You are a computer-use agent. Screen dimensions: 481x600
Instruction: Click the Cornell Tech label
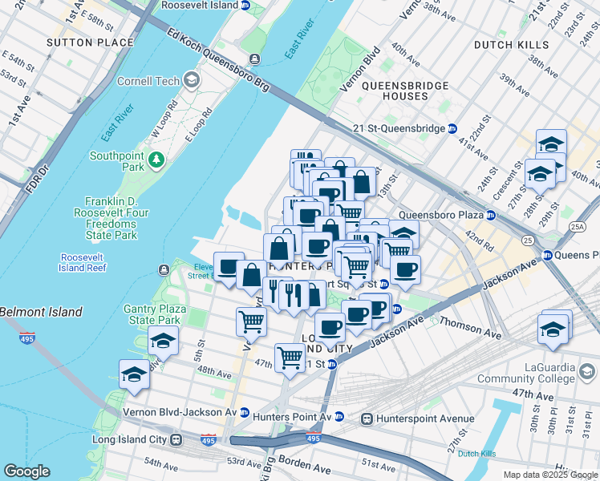[153, 80]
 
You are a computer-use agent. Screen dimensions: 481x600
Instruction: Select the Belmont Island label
[41, 312]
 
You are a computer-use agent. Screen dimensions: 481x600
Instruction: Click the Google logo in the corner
[27, 471]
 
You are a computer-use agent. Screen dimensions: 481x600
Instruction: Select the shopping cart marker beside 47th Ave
[289, 355]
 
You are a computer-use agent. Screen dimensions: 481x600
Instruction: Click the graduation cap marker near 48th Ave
[135, 373]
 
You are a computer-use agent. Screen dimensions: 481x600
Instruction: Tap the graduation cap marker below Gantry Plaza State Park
[163, 341]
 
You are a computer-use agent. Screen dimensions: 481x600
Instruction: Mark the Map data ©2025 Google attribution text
[549, 475]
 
